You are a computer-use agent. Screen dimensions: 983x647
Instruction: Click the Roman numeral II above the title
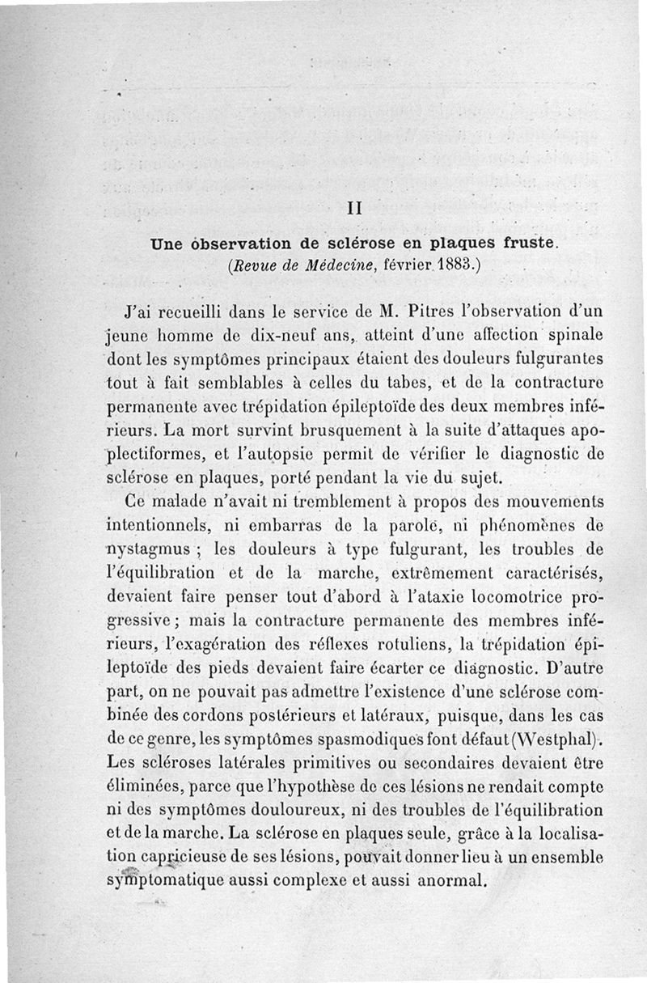[x=353, y=207]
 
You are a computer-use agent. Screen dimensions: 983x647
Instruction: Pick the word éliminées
[x=147, y=785]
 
